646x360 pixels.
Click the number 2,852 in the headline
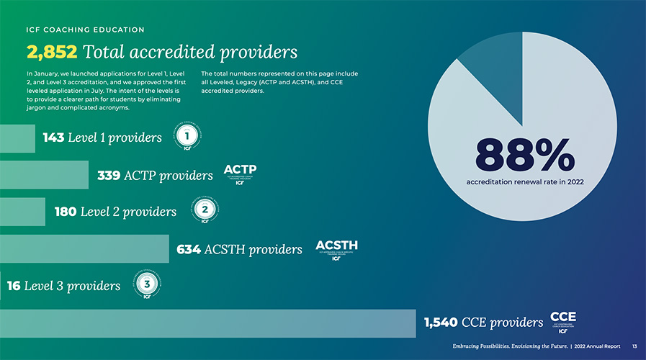52,53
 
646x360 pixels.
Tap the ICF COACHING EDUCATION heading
85,30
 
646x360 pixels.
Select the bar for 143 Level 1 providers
17,138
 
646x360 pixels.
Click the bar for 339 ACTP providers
44,175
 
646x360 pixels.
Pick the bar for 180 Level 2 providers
22,212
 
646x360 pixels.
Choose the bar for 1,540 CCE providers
208,323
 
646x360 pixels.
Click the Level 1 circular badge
187,137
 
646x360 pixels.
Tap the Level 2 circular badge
205,210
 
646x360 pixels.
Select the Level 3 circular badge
147,285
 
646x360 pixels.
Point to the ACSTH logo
336,249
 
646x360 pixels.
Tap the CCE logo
562,322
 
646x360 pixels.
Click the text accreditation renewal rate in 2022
524,182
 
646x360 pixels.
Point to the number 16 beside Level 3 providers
14,286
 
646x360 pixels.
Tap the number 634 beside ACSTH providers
189,249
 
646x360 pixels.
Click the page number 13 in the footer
634,347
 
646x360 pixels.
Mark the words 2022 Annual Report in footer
598,347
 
